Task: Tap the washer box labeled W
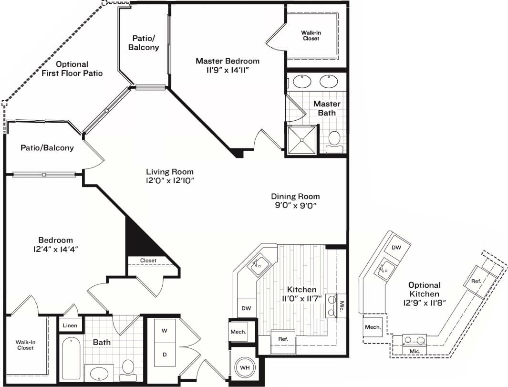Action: coord(165,330)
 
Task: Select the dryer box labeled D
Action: coord(165,355)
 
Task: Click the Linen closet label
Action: coord(70,325)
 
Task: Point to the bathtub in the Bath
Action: coord(71,358)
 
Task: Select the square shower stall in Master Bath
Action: coord(301,140)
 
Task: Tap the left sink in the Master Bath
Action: coord(302,82)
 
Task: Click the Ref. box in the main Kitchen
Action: coord(283,338)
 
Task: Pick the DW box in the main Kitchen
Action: coord(246,308)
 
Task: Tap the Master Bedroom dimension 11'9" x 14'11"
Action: coord(228,70)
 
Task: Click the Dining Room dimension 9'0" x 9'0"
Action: coord(295,205)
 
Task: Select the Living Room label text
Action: coord(170,172)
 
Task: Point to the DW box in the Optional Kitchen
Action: coord(396,247)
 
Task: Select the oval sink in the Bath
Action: coord(99,372)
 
